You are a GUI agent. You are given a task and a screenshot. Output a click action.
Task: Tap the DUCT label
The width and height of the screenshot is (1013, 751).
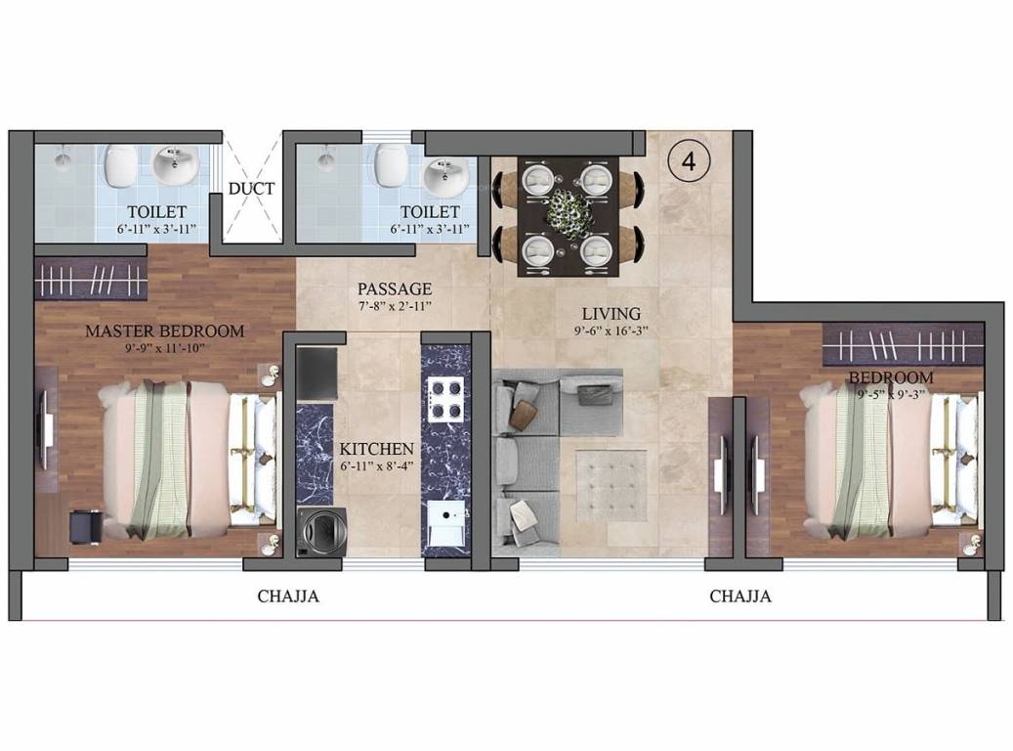tap(252, 189)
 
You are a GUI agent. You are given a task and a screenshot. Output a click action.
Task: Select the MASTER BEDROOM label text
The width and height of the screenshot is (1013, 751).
tap(164, 331)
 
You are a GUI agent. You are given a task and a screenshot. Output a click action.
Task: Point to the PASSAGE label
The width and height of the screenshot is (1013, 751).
tap(394, 288)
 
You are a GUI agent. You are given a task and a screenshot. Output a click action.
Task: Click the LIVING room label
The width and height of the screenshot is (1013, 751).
tap(611, 314)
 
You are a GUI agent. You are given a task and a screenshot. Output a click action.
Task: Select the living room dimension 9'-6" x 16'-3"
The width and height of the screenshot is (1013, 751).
tap(611, 331)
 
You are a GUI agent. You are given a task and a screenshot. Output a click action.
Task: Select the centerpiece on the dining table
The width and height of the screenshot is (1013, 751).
tap(566, 210)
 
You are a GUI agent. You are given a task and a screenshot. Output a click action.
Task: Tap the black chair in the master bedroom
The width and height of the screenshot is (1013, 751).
tap(85, 526)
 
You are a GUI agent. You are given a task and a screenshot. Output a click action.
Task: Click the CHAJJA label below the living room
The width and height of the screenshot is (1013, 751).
tap(740, 596)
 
